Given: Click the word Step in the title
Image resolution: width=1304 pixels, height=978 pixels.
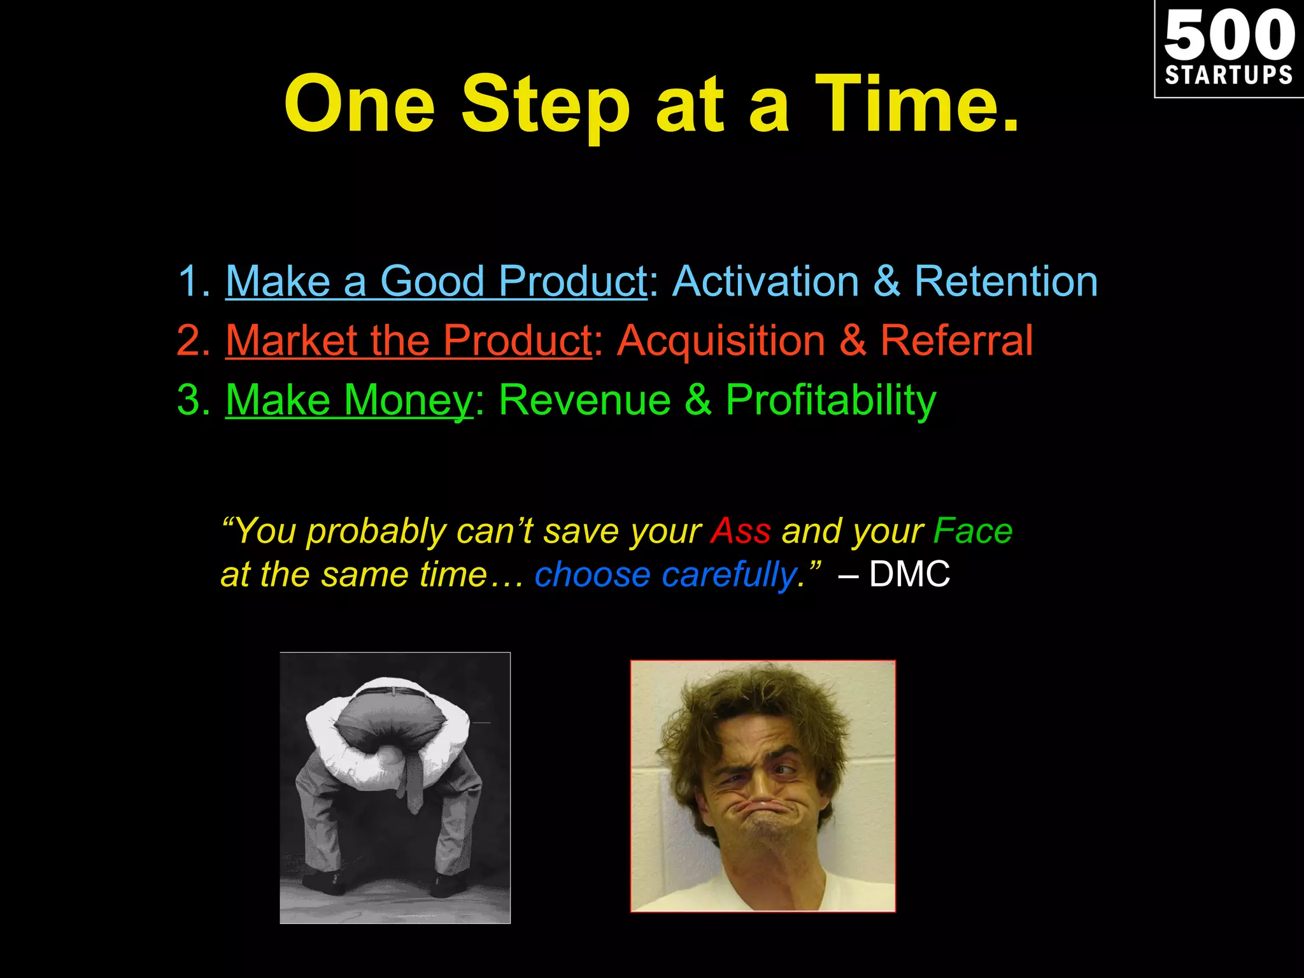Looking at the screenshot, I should tap(545, 105).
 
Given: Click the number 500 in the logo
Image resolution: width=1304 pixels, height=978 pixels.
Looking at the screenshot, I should tap(1229, 36).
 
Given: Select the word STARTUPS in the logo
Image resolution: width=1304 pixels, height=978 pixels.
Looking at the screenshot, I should tap(1229, 75).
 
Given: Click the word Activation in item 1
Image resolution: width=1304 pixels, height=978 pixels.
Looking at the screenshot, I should tap(766, 281).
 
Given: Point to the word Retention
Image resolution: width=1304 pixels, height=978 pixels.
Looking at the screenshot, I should tap(1006, 281).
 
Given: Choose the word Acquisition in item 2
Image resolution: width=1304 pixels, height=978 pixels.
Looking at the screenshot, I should tap(721, 340).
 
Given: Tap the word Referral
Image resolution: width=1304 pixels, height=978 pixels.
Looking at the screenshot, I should tap(956, 340).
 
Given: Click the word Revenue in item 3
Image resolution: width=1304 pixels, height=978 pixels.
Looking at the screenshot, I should tap(585, 400).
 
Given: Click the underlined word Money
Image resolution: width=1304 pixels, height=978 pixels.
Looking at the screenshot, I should tap(407, 400).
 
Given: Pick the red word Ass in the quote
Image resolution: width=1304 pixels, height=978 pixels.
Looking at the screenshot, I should tap(741, 530).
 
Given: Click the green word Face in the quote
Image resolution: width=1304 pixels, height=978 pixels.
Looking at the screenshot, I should tap(972, 530).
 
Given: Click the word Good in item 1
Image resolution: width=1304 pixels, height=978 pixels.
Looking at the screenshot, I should tap(432, 281).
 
